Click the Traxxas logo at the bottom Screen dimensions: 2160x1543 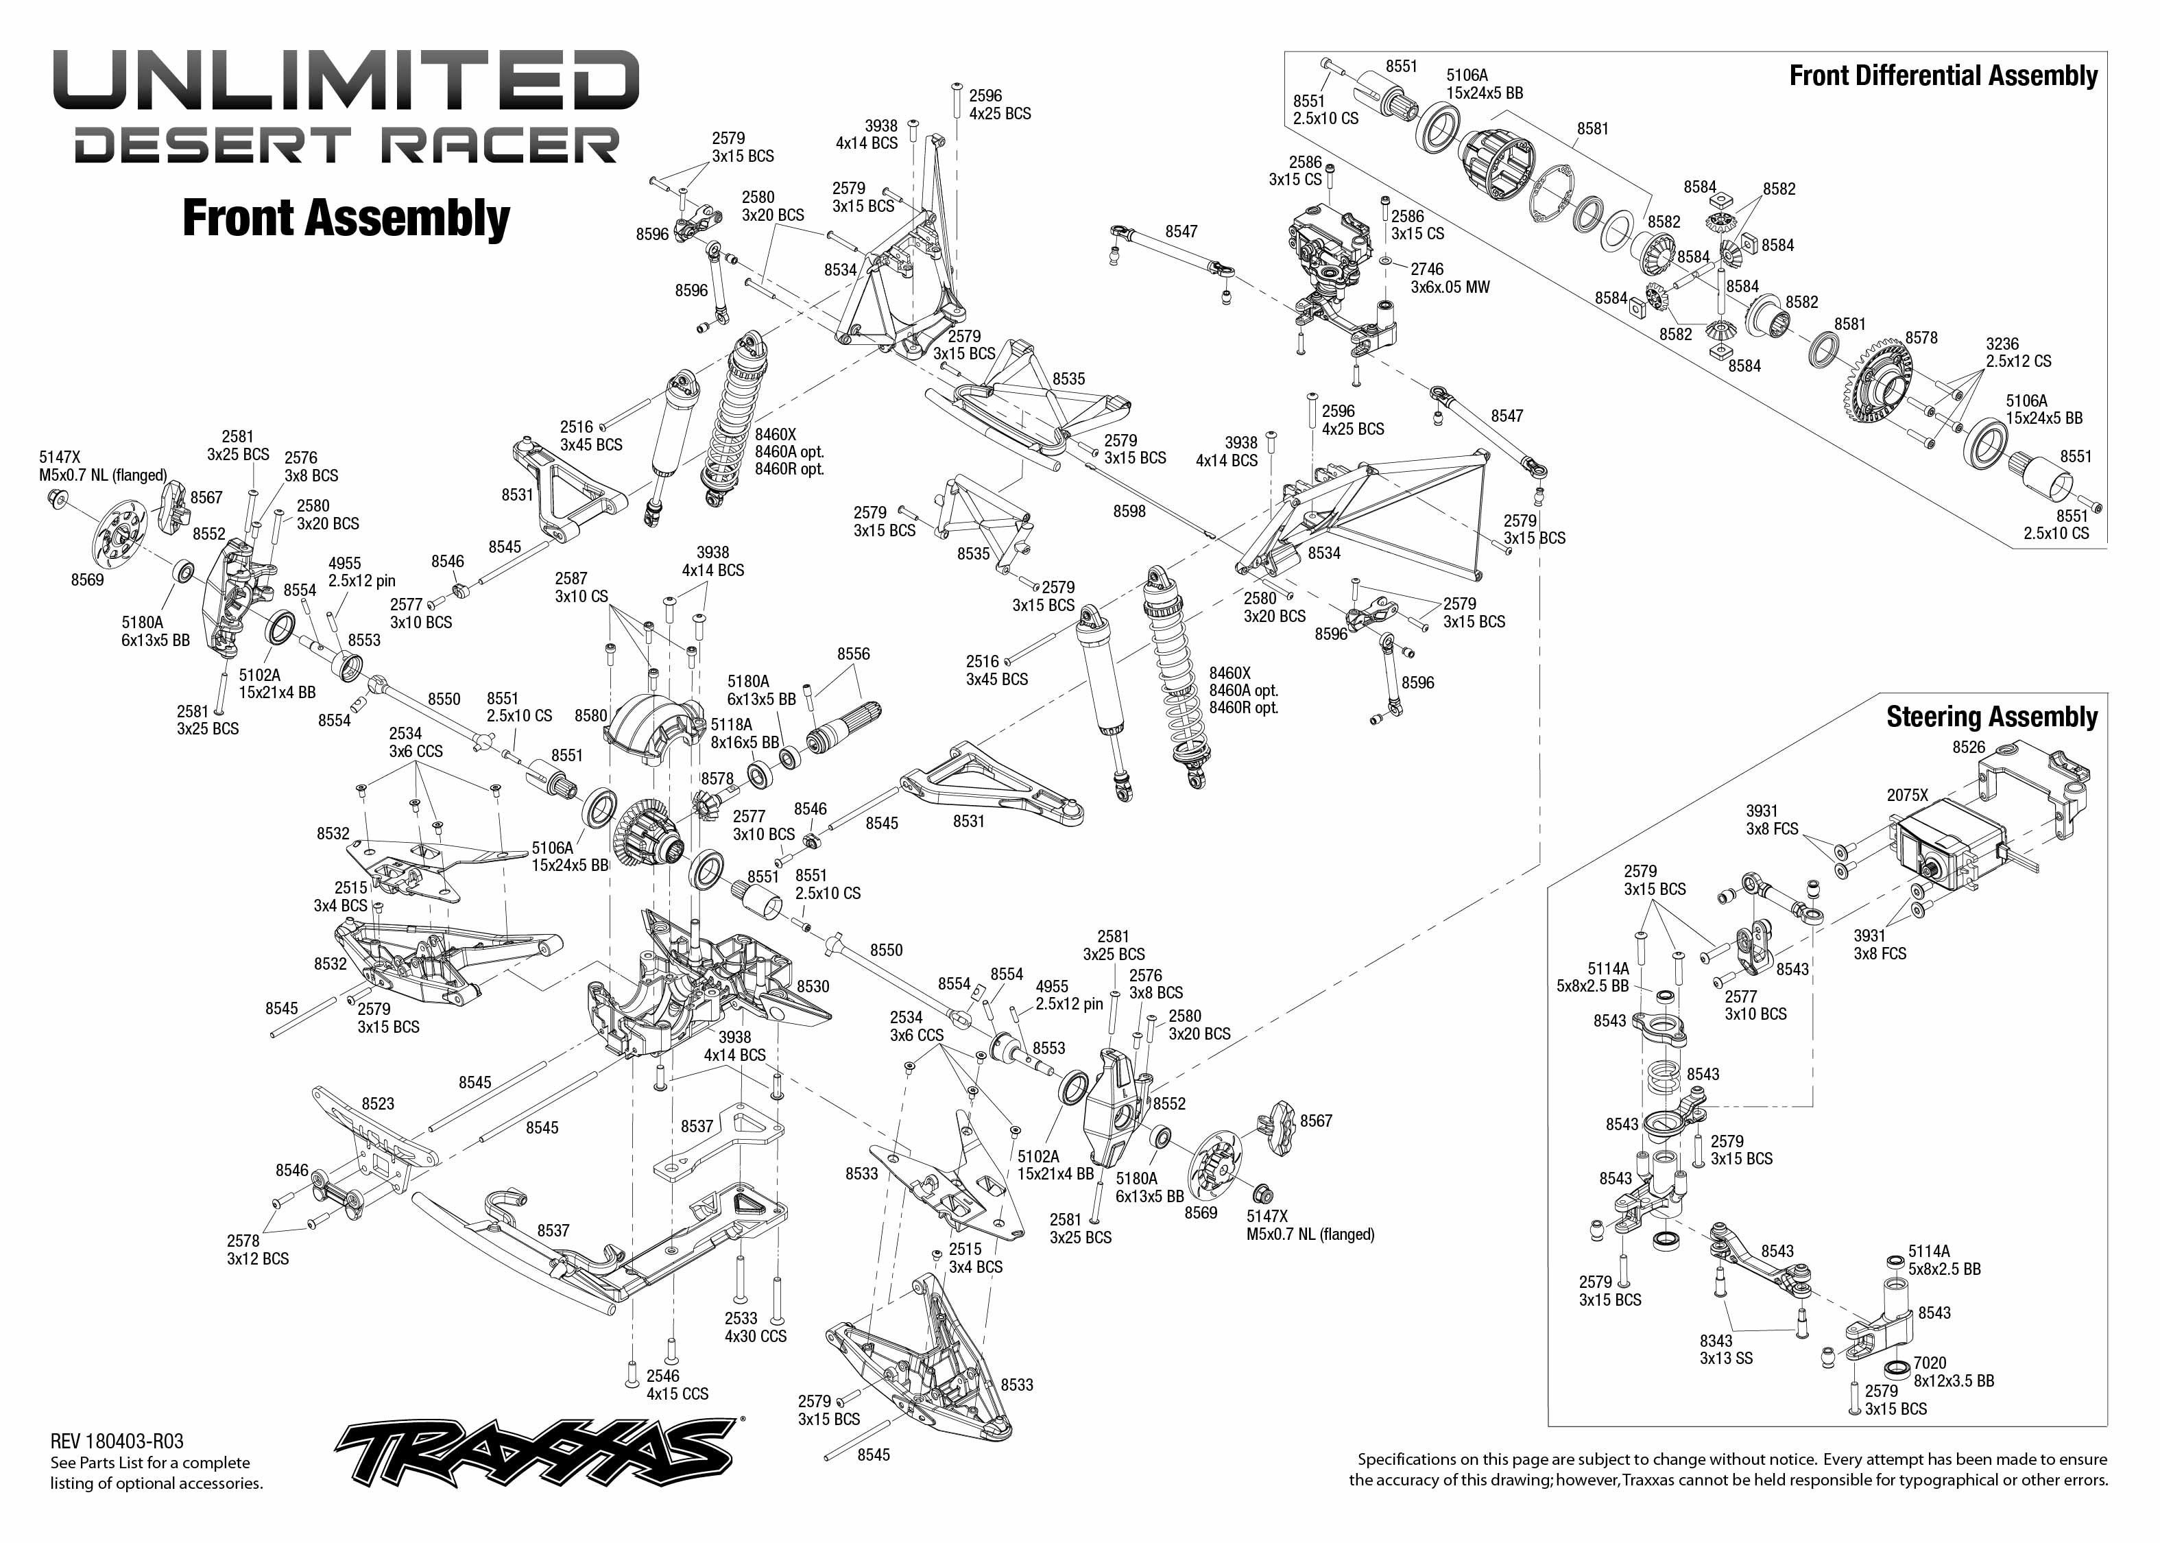click(x=538, y=1452)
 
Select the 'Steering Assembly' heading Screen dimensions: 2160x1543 click(x=1992, y=717)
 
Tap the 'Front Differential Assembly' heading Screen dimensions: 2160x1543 click(x=1943, y=76)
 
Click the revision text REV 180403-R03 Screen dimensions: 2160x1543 click(x=117, y=1442)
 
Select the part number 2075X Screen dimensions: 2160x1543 click(x=1908, y=796)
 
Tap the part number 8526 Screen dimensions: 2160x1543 click(x=1969, y=747)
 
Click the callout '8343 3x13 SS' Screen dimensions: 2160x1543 click(x=1726, y=1349)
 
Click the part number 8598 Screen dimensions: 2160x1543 click(x=1129, y=511)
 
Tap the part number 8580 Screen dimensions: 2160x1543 click(x=591, y=715)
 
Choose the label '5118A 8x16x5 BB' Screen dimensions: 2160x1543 click(x=745, y=734)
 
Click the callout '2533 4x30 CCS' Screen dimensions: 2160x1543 click(x=755, y=1327)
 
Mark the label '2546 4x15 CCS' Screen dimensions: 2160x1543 click(x=677, y=1385)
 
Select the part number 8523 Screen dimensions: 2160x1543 click(x=378, y=1103)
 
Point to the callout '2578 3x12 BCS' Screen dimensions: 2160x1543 click(x=257, y=1249)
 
